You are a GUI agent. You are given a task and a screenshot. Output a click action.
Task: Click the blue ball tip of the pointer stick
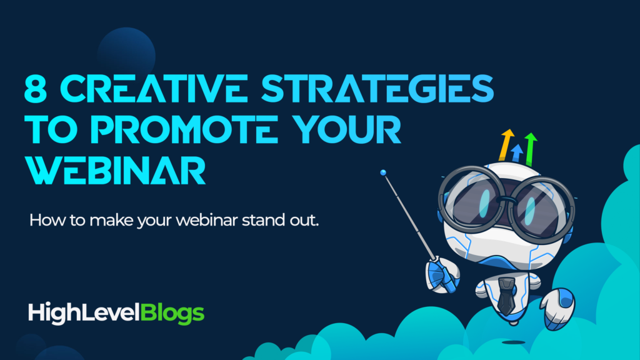click(383, 172)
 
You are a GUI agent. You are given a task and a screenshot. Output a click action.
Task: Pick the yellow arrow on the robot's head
click(506, 144)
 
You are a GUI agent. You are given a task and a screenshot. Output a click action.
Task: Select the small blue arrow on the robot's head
click(517, 152)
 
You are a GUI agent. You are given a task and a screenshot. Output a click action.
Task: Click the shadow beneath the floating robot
click(513, 342)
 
